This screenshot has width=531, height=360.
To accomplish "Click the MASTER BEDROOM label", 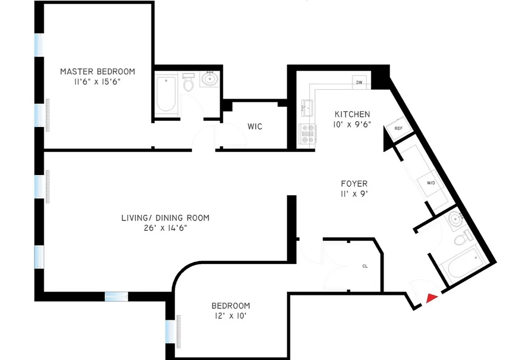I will [98, 71].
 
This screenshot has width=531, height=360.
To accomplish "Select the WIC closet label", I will [255, 126].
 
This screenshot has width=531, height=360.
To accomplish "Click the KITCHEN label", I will [352, 114].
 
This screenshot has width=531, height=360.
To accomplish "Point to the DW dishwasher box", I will [359, 82].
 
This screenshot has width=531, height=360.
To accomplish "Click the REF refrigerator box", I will [398, 128].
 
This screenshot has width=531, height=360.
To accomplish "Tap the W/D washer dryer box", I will [431, 183].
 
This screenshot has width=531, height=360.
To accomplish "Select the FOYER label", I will [354, 184].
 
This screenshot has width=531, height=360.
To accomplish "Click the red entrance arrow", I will [432, 297].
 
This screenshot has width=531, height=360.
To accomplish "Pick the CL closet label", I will [365, 266].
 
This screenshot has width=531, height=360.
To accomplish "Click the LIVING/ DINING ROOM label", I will [165, 218].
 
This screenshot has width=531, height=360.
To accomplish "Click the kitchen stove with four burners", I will [308, 134].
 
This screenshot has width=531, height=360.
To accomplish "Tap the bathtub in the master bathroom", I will [166, 94].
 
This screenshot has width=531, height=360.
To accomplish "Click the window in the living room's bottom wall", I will [116, 296].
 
